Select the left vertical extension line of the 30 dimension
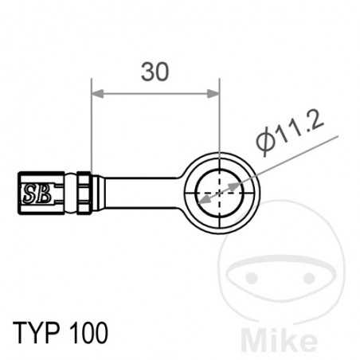pyautogui.click(x=92, y=127)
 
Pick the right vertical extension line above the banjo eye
pyautogui.click(x=219, y=119)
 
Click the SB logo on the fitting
pyautogui.click(x=34, y=192)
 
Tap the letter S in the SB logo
pyautogui.click(x=29, y=192)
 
